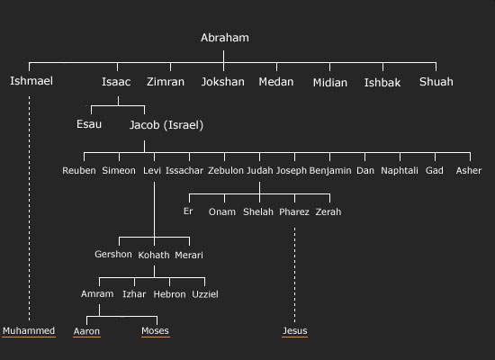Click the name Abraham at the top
[x=225, y=38]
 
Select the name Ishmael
[x=31, y=81]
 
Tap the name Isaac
[x=116, y=82]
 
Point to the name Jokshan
[x=223, y=82]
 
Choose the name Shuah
[x=436, y=82]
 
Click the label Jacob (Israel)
[x=166, y=125]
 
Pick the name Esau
[x=89, y=124]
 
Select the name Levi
[x=152, y=170]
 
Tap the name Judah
[x=260, y=170]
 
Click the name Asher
[x=469, y=170]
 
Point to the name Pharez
[x=294, y=211]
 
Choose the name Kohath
[x=154, y=255]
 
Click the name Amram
[x=97, y=294]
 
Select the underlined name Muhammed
[x=29, y=330]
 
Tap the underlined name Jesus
[x=295, y=330]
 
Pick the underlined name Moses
[x=155, y=330]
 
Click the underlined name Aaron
[x=86, y=331]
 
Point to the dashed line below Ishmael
[x=30, y=209]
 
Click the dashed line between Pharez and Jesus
[x=295, y=274]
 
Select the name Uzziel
[x=205, y=294]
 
